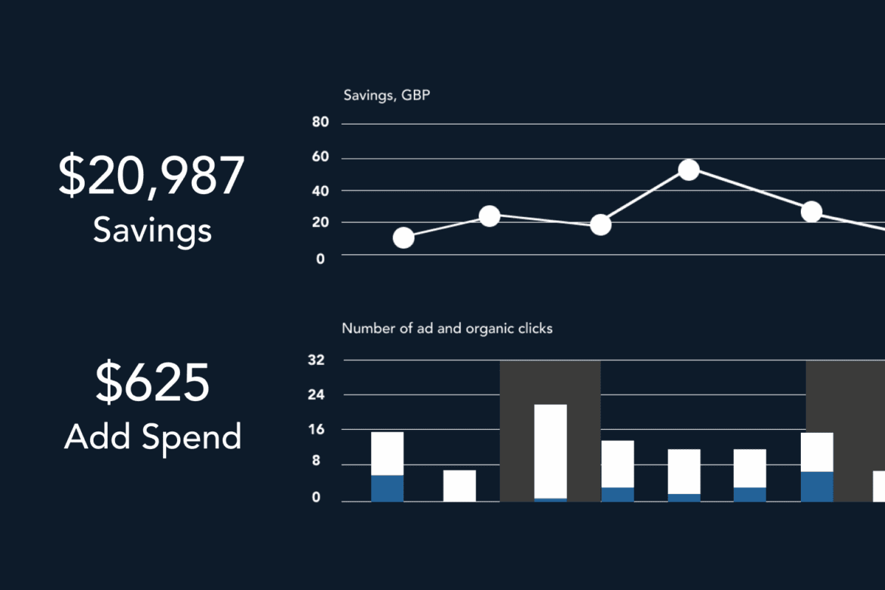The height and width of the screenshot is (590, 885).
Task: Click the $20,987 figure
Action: point(151,178)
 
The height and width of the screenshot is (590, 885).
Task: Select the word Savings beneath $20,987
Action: point(152,231)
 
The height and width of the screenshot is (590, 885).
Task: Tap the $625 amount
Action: point(152,384)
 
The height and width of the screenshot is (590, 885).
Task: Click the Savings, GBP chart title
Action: point(387,95)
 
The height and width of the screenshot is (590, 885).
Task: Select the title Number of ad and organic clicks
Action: point(447,329)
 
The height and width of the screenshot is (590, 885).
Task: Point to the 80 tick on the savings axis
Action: point(320,122)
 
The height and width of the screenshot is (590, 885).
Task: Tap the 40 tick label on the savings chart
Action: point(320,190)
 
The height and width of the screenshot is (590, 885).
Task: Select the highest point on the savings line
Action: point(688,170)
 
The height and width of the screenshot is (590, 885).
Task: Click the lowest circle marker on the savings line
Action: point(403,237)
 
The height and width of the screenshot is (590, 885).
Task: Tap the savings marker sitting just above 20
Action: point(490,216)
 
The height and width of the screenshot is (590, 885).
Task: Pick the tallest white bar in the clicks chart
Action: point(550,451)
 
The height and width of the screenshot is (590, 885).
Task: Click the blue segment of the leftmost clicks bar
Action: point(387,488)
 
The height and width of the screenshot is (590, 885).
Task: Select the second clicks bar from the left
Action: point(459,485)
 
